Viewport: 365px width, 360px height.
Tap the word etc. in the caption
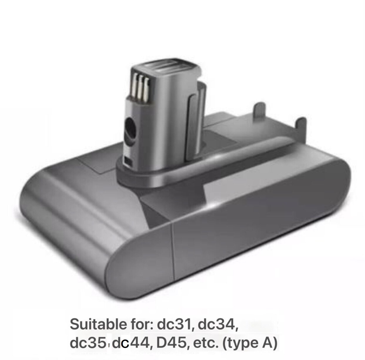click(205, 343)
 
